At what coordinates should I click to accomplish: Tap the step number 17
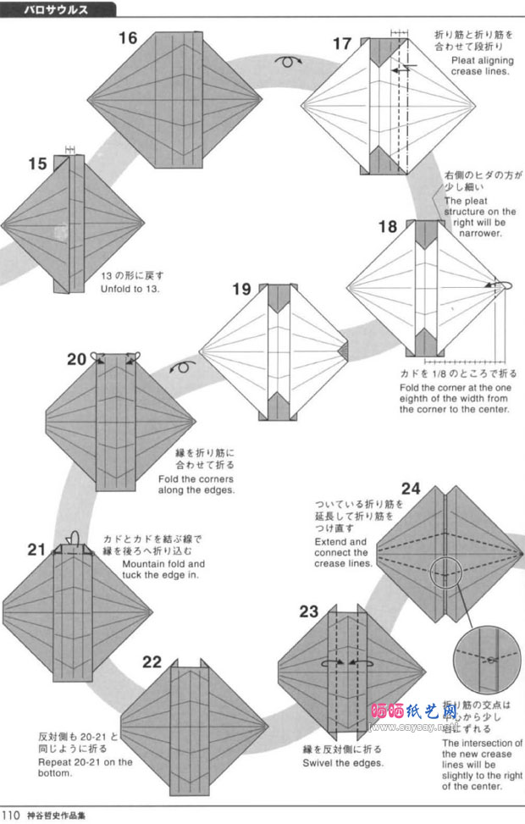tap(341, 43)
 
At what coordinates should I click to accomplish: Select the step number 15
tap(37, 163)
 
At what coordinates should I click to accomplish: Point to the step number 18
tap(387, 226)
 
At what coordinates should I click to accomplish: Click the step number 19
tap(241, 290)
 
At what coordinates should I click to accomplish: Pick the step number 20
tap(77, 358)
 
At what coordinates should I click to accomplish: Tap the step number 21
tap(36, 549)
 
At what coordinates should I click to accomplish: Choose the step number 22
tap(152, 661)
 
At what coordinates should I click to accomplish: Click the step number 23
tap(308, 611)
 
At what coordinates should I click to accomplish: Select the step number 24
tap(411, 488)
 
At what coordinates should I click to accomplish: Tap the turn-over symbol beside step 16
tap(289, 61)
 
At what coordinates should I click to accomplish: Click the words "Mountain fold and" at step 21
tap(163, 563)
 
